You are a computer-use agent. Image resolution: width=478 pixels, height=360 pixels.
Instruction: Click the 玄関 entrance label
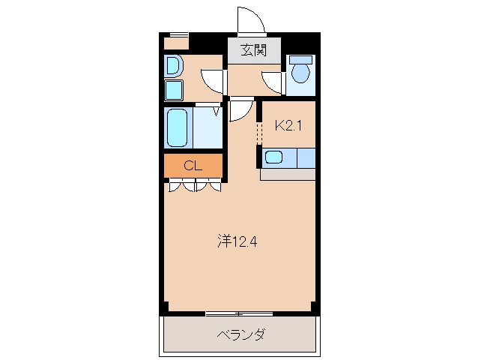click(x=254, y=51)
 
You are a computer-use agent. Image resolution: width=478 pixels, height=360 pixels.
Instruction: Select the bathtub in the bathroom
click(x=178, y=128)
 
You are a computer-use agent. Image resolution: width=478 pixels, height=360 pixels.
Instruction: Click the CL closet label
click(x=193, y=166)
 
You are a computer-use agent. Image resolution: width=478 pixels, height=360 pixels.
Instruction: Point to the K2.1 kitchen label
click(x=288, y=126)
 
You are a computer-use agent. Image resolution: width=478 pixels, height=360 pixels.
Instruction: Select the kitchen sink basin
click(x=273, y=157)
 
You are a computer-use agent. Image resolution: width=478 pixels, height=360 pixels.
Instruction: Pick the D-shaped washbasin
click(x=173, y=67)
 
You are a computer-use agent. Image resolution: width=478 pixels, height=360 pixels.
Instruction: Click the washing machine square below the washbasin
click(x=174, y=91)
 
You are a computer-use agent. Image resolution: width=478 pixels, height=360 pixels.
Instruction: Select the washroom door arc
click(x=214, y=80)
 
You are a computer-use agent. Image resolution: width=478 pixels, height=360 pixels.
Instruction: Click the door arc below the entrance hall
click(x=240, y=111)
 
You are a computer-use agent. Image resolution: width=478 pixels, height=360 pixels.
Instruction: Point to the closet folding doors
click(x=195, y=186)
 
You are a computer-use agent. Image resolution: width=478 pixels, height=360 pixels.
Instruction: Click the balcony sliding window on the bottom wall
click(x=238, y=312)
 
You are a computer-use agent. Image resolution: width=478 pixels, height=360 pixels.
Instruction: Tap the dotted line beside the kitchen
click(x=258, y=133)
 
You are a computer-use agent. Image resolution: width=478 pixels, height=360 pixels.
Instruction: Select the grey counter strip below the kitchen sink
click(x=288, y=174)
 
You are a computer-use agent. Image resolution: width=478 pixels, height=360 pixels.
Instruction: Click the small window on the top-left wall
click(x=177, y=34)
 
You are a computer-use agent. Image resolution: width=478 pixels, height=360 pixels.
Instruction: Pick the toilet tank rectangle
click(x=301, y=59)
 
